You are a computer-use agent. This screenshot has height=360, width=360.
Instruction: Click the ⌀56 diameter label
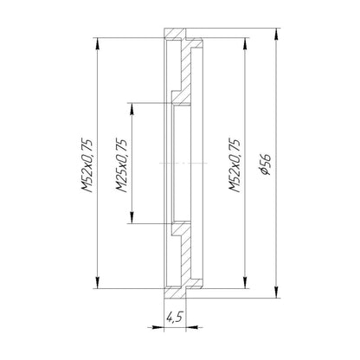[x=266, y=162]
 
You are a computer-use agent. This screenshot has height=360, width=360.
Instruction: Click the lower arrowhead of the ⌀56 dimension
[x=278, y=292]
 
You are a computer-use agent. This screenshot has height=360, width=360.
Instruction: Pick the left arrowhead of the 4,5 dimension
[x=158, y=325]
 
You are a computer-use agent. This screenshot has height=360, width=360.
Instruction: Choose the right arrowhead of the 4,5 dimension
[x=196, y=325]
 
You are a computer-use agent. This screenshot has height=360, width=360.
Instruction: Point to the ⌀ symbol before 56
[x=266, y=177]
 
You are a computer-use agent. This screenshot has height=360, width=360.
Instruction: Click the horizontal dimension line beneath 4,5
[x=177, y=325]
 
